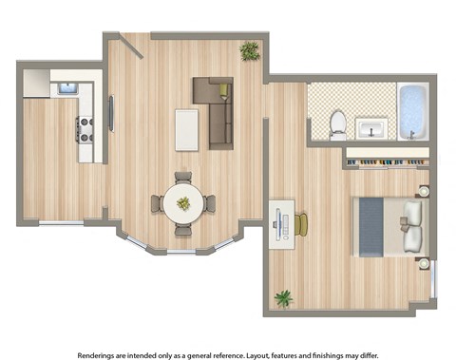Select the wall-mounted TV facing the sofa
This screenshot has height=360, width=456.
[112, 113]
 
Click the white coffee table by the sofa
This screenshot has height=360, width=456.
[187, 129]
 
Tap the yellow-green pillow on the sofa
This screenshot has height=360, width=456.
[224, 91]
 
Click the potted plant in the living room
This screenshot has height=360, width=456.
[250, 50]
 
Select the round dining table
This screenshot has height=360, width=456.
[182, 202]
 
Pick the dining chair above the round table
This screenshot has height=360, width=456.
[182, 177]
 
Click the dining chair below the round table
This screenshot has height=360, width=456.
[182, 229]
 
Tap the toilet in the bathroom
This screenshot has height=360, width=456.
[337, 124]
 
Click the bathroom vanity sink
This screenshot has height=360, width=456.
[370, 127]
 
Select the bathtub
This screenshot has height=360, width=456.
[412, 112]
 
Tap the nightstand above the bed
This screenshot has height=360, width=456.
[424, 191]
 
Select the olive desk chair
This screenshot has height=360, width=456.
[302, 225]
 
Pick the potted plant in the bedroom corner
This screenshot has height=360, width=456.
[283, 298]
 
